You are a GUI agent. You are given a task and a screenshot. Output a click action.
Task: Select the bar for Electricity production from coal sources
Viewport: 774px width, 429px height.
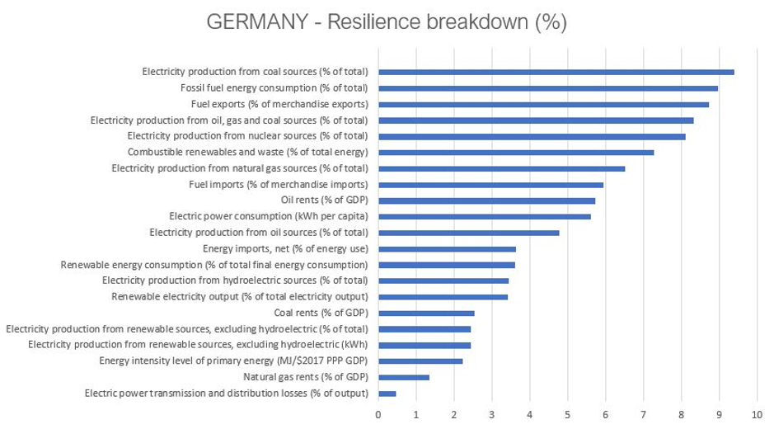coord(556,72)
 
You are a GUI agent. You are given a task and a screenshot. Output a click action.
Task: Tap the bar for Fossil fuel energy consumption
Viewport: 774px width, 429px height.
coord(547,88)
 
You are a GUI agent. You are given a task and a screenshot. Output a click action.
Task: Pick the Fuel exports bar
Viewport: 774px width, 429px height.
coord(543,104)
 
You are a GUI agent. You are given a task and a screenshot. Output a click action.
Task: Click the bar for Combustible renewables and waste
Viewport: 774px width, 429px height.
coord(515,152)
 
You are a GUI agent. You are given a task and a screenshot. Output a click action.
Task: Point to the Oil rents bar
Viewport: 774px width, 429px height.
coord(486,200)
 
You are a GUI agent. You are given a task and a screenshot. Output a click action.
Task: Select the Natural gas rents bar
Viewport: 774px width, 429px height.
coord(404,377)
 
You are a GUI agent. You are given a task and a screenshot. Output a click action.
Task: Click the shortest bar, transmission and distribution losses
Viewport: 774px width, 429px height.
coord(387,394)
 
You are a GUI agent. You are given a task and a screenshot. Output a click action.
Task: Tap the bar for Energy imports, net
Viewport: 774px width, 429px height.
coord(447,248)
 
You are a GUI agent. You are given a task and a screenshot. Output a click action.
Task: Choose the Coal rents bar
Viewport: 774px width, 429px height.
coord(426,313)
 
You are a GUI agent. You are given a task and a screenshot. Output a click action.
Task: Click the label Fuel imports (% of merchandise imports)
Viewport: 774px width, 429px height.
coord(279,184)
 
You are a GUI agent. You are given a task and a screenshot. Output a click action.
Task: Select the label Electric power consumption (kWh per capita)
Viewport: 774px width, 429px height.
coord(268,216)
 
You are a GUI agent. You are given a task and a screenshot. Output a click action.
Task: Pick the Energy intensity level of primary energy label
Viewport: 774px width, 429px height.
coord(233,361)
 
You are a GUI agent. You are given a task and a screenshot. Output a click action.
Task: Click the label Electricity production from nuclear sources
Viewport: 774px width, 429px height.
coord(247,136)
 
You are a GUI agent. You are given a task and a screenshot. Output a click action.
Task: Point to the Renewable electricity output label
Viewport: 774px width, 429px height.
coord(240,296)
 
